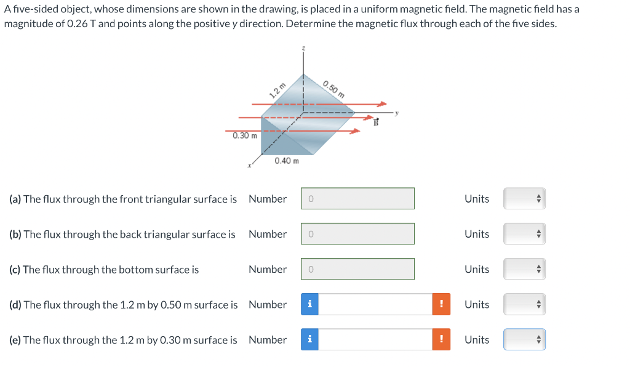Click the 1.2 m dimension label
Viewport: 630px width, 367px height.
278,91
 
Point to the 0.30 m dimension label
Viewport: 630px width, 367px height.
245,135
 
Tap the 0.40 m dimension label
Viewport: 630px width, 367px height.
287,161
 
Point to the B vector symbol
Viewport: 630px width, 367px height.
375,121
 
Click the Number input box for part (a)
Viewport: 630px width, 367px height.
357,199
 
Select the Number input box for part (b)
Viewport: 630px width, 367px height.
357,234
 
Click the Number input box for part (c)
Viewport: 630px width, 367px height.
357,269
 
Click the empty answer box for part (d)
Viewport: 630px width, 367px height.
375,304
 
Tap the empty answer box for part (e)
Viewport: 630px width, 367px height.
375,339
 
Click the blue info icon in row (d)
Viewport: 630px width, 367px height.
309,304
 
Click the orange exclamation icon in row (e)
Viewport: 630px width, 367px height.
441,339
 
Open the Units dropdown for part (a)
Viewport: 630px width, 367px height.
524,199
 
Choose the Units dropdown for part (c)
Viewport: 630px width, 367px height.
524,269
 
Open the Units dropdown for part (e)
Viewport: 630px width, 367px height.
524,339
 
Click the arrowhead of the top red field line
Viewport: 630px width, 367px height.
383,103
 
